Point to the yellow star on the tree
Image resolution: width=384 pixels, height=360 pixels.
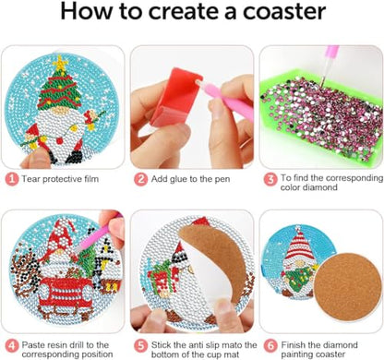click(63, 64)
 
